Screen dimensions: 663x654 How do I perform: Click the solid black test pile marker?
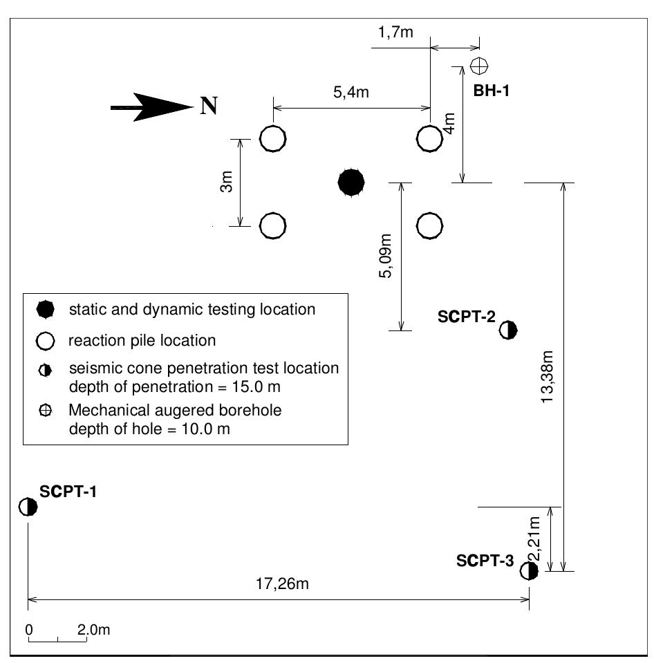click(x=351, y=182)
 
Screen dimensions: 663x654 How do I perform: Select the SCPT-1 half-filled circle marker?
click(x=28, y=507)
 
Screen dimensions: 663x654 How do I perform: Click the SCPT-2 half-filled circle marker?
click(x=509, y=330)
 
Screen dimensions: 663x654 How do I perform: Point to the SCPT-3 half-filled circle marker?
click(x=529, y=571)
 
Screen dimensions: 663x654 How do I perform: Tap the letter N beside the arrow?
click(x=208, y=106)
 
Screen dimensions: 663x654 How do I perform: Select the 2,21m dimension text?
click(x=534, y=539)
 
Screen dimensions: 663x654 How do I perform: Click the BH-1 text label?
click(x=491, y=90)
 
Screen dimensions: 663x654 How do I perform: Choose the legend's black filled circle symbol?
click(x=45, y=310)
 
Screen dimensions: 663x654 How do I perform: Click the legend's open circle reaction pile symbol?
click(x=45, y=341)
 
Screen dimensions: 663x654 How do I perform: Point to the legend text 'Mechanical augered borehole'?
click(x=175, y=411)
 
